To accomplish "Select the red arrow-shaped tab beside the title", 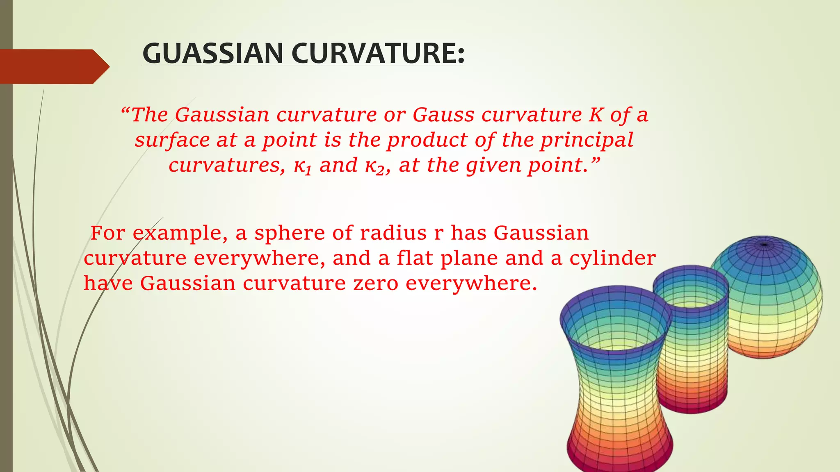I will pyautogui.click(x=53, y=66).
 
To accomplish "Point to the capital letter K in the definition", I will pyautogui.click(x=595, y=115).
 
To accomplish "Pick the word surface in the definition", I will pyautogui.click(x=172, y=140).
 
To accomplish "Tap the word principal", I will pyautogui.click(x=587, y=140).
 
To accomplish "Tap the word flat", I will pyautogui.click(x=415, y=258).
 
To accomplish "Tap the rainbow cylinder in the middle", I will pyautogui.click(x=691, y=340).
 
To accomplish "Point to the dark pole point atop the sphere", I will pyautogui.click(x=764, y=245).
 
